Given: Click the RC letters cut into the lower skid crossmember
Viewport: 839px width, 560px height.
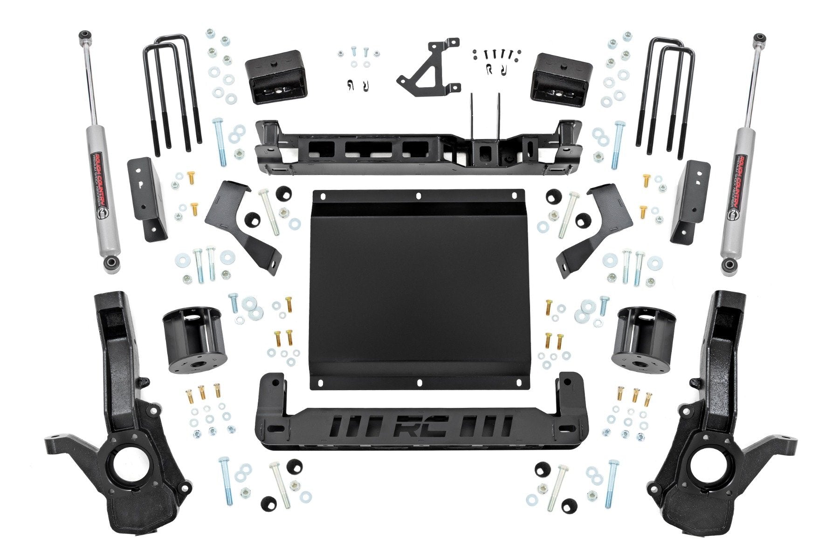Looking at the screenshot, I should pos(421,425).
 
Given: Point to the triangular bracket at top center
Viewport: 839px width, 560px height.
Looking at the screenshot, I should pos(429,68).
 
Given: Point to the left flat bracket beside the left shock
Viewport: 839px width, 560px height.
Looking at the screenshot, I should pos(147,198).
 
